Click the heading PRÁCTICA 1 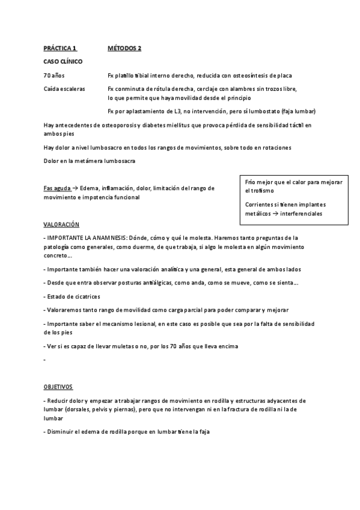point(61,48)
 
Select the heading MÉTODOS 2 point(124,48)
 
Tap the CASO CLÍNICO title point(63,62)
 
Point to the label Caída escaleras point(64,88)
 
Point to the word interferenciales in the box point(301,213)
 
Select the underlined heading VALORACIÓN point(61,224)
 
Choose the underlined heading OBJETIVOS point(58,387)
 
